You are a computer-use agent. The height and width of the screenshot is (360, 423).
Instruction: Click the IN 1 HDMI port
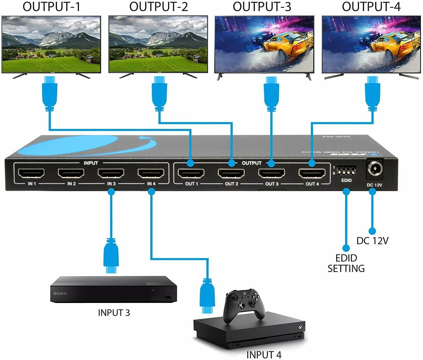tap(31, 173)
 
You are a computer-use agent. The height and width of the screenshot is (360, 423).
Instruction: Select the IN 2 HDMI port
tap(71, 173)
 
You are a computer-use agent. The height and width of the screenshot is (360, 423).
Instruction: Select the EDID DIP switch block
tap(346, 170)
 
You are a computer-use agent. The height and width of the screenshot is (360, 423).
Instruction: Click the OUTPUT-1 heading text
tap(51, 7)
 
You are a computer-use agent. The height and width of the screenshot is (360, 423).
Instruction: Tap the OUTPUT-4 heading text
tap(371, 7)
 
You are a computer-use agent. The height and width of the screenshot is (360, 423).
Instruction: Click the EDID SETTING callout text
tap(346, 263)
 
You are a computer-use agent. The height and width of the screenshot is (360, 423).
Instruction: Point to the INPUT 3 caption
tap(114, 313)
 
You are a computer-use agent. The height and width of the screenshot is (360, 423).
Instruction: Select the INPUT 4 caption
tap(264, 355)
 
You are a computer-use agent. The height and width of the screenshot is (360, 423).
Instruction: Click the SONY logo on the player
tap(60, 294)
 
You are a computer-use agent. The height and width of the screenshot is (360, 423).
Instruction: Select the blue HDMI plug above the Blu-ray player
tap(111, 255)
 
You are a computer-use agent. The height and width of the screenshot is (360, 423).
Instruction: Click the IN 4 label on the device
tap(151, 184)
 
